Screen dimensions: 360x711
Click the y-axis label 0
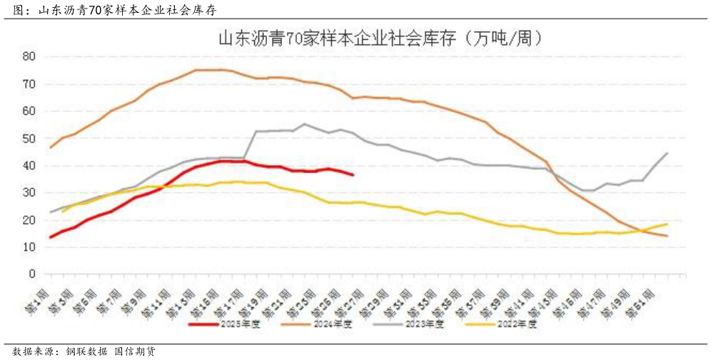click(32, 274)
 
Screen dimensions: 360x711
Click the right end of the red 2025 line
click(353, 174)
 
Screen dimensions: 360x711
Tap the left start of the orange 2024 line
click(50, 147)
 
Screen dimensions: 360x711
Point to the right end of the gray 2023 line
click(667, 153)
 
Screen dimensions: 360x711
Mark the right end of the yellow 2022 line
click(667, 224)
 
